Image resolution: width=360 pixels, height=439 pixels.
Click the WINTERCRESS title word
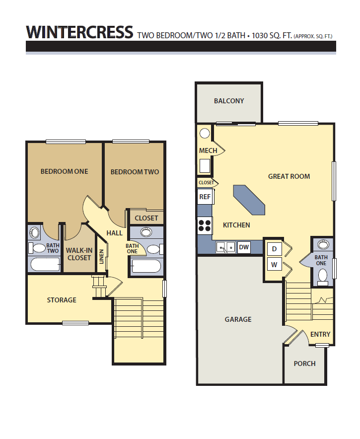click(79, 32)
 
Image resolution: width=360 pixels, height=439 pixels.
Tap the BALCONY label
click(229, 101)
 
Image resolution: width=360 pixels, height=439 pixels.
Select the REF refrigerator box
click(205, 197)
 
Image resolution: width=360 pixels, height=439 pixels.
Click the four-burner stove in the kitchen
click(205, 225)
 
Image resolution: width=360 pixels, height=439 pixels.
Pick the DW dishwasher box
click(244, 247)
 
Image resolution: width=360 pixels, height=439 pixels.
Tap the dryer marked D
click(274, 249)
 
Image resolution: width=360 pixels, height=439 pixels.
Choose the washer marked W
click(274, 265)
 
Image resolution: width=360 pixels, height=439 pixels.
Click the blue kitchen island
click(249, 200)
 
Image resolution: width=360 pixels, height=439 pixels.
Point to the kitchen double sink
click(225, 247)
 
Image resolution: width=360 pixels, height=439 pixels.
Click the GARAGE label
click(238, 319)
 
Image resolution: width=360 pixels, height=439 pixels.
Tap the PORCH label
click(304, 364)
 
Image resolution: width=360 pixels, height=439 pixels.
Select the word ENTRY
click(320, 334)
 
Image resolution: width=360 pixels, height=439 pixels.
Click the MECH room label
click(208, 150)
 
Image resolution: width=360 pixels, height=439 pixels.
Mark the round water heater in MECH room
click(205, 133)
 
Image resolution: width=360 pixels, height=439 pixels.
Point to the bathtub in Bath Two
click(45, 264)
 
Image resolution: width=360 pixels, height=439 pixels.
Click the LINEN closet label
click(102, 257)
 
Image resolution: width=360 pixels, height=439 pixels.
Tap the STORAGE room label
click(62, 300)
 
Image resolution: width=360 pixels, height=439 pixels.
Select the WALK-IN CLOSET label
click(79, 254)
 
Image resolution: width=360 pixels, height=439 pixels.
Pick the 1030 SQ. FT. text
click(272, 36)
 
